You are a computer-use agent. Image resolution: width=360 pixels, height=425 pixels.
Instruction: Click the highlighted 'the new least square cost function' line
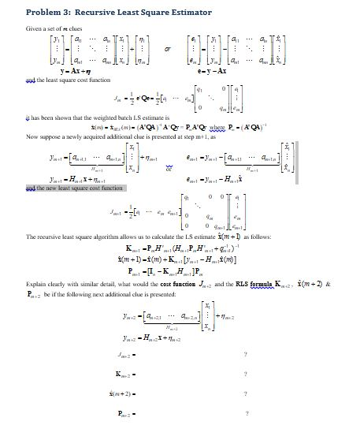[x=75, y=188]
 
